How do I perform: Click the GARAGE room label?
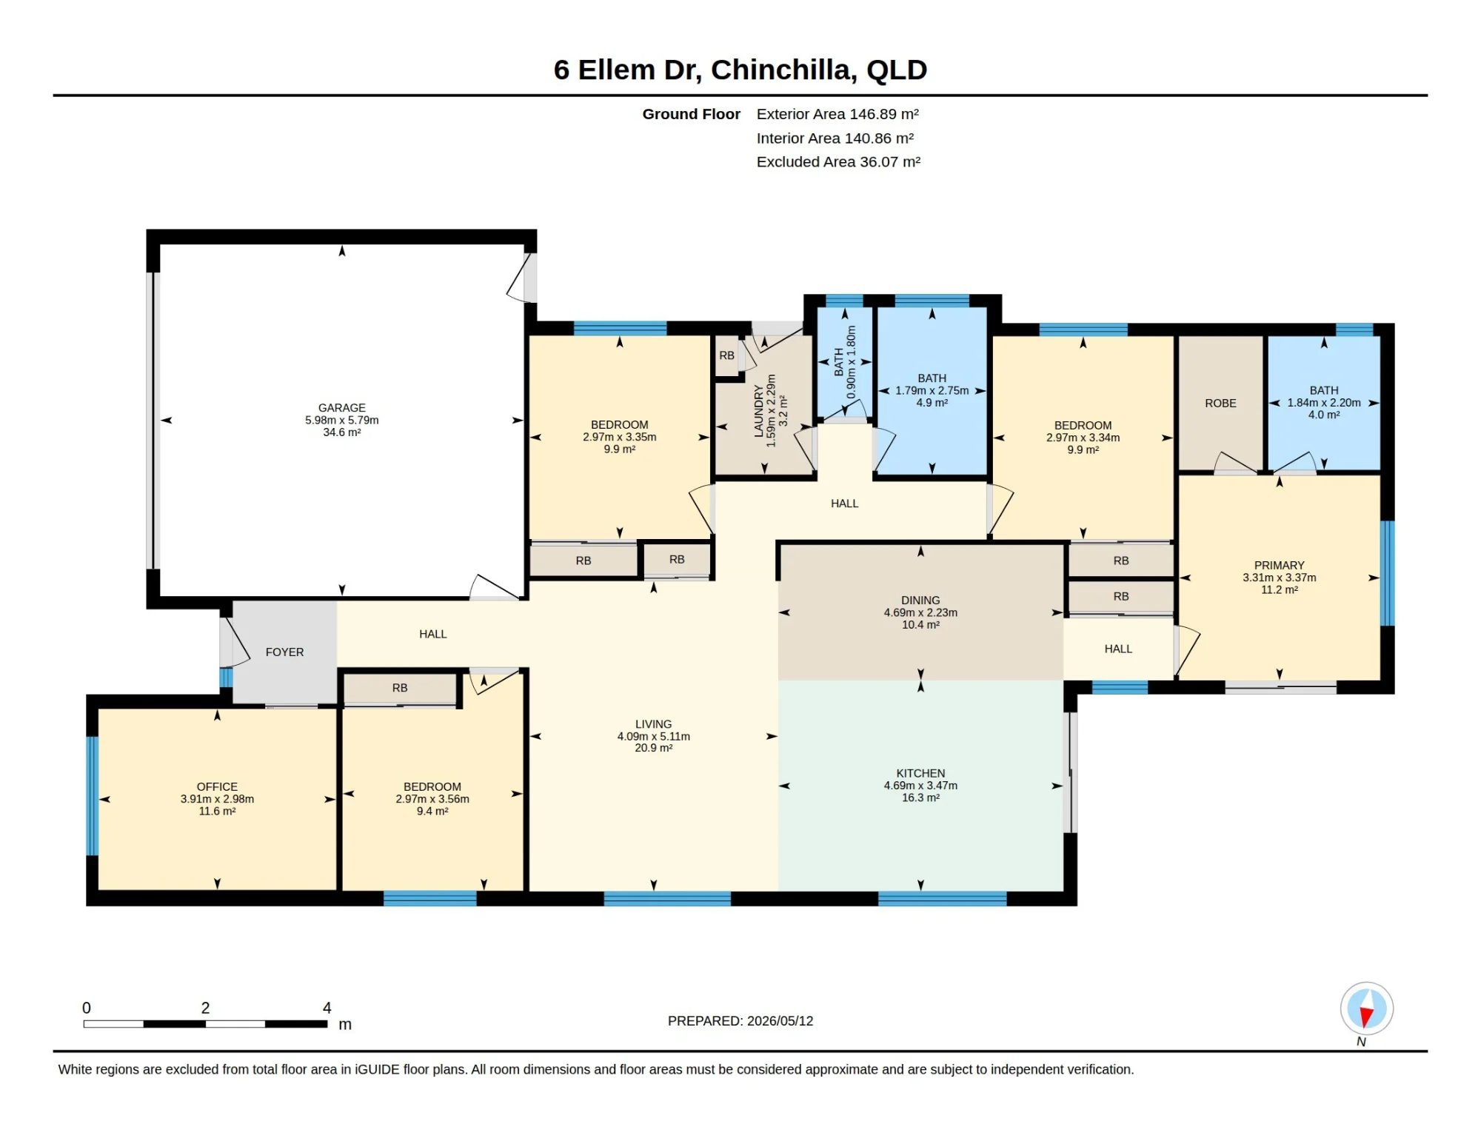[341, 407]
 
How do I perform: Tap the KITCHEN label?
[920, 773]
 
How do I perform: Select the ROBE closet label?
[1220, 404]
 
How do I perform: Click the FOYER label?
[284, 652]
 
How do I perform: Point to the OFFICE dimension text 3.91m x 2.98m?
[217, 799]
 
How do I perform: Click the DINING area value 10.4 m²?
[920, 625]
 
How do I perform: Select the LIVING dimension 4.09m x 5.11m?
[653, 737]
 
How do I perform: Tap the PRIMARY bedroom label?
[1279, 565]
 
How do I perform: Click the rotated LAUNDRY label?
[758, 411]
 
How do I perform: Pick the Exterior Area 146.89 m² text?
[838, 114]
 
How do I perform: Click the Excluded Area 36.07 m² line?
[838, 161]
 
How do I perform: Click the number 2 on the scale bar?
[205, 1008]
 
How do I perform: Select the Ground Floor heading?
[691, 114]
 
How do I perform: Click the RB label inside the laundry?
[726, 355]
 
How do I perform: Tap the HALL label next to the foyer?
[432, 634]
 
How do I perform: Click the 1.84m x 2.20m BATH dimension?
[1324, 403]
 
